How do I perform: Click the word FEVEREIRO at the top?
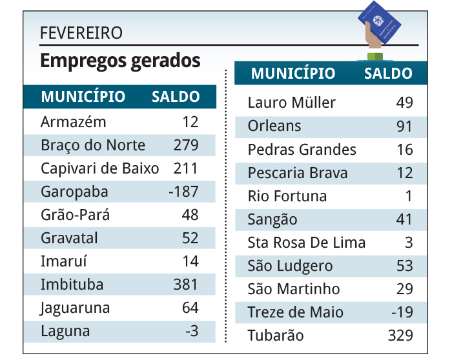click(81, 33)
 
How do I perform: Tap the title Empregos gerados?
click(120, 61)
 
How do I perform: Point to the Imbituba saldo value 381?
click(185, 285)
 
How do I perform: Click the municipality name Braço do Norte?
click(92, 145)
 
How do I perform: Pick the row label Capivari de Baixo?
click(99, 168)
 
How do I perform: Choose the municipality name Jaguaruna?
click(75, 308)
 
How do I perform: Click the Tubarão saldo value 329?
click(400, 335)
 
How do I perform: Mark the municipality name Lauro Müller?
click(292, 103)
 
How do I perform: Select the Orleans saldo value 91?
click(404, 126)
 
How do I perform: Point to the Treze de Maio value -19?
click(401, 312)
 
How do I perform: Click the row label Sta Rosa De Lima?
click(307, 243)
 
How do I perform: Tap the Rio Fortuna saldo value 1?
click(409, 196)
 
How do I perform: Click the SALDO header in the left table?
click(175, 97)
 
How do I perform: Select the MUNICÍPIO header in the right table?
click(293, 74)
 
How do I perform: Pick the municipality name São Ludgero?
click(290, 266)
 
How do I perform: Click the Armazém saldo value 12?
click(190, 122)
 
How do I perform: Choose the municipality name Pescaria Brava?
click(298, 173)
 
